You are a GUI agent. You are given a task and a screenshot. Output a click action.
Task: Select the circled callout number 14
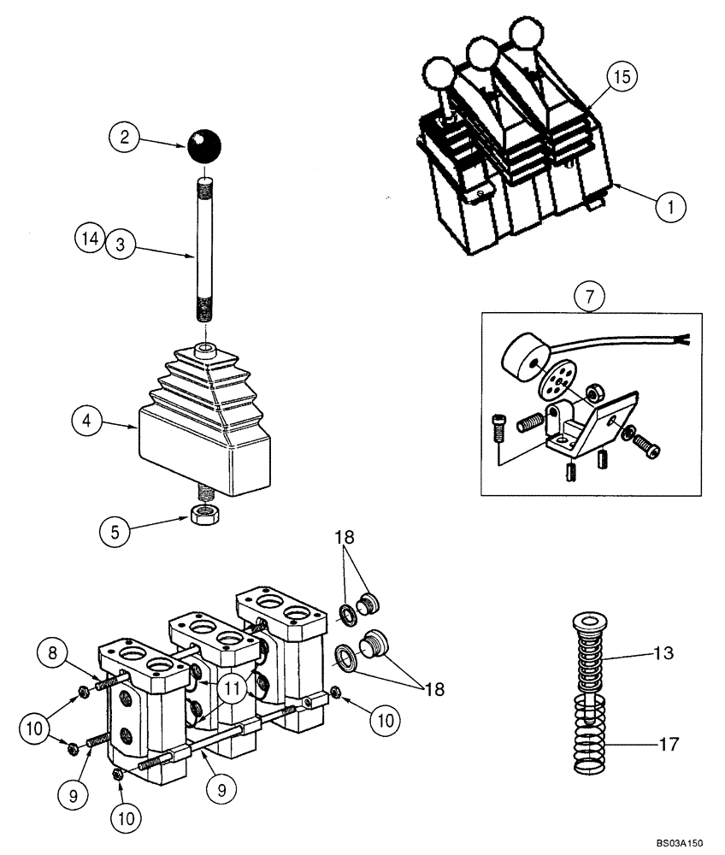coord(88,236)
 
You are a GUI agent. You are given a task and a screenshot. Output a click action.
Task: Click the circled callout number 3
coord(121,244)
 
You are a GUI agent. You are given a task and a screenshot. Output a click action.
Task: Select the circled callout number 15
coord(622,78)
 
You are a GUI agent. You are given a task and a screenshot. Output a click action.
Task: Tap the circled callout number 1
coord(672,205)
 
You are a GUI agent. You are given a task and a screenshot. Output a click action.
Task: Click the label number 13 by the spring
coord(663,654)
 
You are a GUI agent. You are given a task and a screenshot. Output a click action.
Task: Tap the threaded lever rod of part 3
coord(204,248)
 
